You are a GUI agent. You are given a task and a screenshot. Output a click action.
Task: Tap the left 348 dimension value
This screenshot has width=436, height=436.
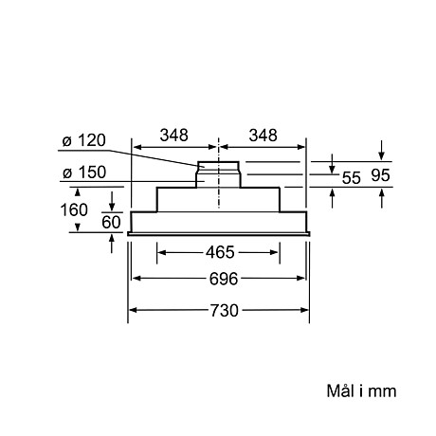tap(174, 135)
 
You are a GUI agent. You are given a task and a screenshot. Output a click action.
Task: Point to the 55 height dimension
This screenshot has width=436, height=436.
tap(351, 177)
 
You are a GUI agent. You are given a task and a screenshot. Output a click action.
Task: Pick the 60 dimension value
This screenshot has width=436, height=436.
tap(112, 223)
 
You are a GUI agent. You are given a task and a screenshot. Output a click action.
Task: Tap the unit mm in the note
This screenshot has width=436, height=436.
tap(382, 391)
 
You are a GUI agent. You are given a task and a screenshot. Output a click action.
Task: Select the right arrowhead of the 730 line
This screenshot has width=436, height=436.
tap(306, 310)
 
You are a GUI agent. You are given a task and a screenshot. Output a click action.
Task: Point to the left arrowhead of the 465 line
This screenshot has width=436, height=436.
tap(160, 253)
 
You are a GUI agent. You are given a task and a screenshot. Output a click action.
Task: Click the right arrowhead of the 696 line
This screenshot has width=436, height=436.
tap(302, 279)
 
